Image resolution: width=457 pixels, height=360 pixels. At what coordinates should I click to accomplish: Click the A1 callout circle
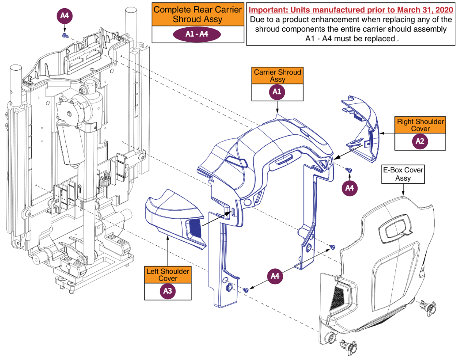tap(277, 92)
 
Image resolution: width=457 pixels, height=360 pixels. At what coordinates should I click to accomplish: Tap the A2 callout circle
tap(420, 141)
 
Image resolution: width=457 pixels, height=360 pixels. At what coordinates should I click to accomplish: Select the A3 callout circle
tap(168, 291)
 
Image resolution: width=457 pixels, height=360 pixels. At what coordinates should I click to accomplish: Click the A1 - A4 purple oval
tap(197, 34)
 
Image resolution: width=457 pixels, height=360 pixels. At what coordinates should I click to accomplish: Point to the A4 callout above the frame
tap(65, 16)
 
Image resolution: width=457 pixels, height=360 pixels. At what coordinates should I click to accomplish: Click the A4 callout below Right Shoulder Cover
tap(349, 188)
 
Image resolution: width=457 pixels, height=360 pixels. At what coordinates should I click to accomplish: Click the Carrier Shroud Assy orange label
tap(277, 76)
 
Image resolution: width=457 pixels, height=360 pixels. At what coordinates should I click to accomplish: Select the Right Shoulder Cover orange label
tap(420, 125)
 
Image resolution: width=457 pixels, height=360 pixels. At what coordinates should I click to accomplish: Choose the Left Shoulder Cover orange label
tap(168, 275)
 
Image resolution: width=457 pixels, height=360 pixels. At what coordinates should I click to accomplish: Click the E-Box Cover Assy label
tap(403, 174)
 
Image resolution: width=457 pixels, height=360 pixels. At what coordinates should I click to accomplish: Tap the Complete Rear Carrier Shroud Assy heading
tap(198, 14)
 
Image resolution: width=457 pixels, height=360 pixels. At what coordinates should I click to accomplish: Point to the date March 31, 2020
tap(411, 9)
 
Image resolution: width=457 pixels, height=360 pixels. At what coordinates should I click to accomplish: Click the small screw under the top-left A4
tap(65, 35)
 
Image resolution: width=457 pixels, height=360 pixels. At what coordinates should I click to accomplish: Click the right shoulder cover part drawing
tap(361, 129)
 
